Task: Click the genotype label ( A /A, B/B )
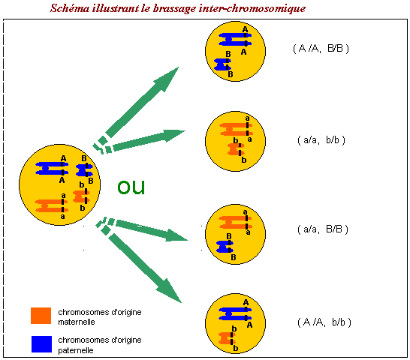321,49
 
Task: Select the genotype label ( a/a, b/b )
321,140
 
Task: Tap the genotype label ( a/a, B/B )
323,229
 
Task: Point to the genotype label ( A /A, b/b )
324,322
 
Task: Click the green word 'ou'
131,187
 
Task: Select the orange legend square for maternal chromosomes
41,316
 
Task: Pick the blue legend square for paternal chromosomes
41,344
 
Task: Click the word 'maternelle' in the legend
77,322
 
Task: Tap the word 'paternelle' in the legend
76,350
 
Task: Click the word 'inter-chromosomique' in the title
252,8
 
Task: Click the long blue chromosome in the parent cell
52,169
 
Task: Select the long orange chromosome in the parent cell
52,205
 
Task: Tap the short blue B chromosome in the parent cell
84,170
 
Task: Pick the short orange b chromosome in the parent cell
81,196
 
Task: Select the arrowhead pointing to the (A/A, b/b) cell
170,291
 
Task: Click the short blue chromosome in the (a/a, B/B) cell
225,247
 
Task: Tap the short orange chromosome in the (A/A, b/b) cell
227,338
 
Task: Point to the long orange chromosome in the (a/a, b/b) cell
236,130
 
